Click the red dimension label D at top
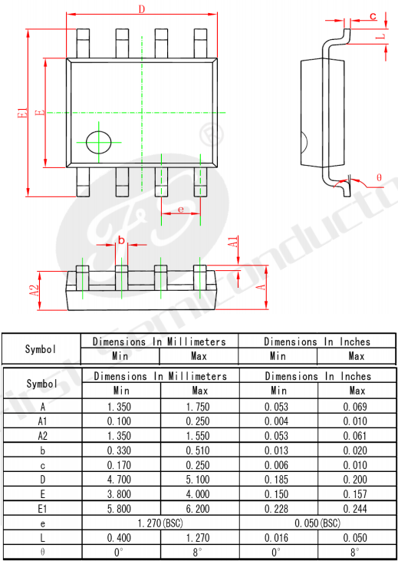click(142, 10)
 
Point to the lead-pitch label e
click(180, 209)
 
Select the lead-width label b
click(122, 240)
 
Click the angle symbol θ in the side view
click(379, 177)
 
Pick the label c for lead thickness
click(373, 16)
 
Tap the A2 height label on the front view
click(35, 290)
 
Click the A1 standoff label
click(233, 242)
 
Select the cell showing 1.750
click(198, 407)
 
